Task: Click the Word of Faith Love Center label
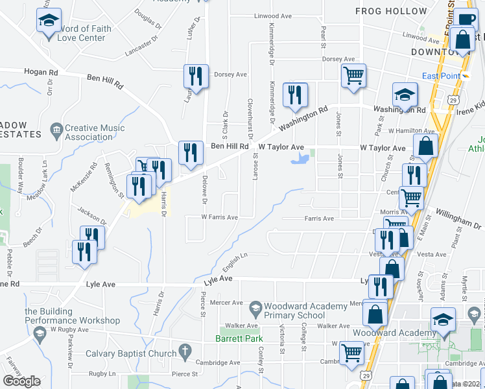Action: click(x=82, y=33)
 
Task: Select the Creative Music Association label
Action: click(x=95, y=132)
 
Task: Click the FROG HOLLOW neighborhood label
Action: click(x=391, y=11)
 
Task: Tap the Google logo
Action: click(x=22, y=381)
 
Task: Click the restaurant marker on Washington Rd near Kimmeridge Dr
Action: click(x=295, y=95)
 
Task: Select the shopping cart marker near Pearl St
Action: click(x=353, y=77)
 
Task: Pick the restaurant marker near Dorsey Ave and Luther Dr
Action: click(x=195, y=77)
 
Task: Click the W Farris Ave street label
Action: click(x=219, y=217)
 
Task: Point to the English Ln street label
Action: click(x=235, y=261)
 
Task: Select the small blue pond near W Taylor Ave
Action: click(x=300, y=158)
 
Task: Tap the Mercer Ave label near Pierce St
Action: click(x=226, y=303)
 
